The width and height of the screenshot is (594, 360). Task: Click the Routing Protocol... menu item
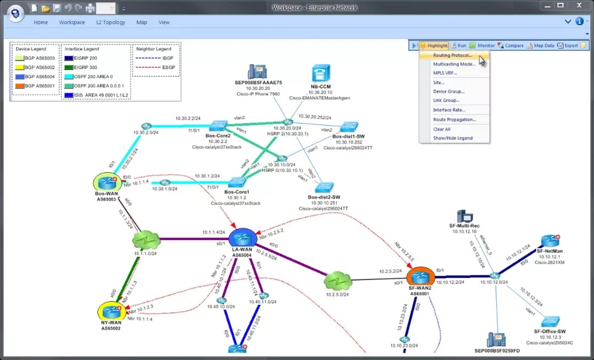pyautogui.click(x=452, y=55)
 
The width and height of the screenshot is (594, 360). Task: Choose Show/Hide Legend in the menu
pyautogui.click(x=453, y=138)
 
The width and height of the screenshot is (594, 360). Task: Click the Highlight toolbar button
pyautogui.click(x=434, y=45)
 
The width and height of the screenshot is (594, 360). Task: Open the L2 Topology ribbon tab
pyautogui.click(x=110, y=22)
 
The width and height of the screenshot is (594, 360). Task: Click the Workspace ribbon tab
pyautogui.click(x=72, y=22)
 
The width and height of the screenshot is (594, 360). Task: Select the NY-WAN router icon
pyautogui.click(x=112, y=311)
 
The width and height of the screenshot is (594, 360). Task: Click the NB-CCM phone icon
pyautogui.click(x=321, y=73)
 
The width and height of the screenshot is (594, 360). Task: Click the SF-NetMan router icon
pyautogui.click(x=550, y=240)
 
